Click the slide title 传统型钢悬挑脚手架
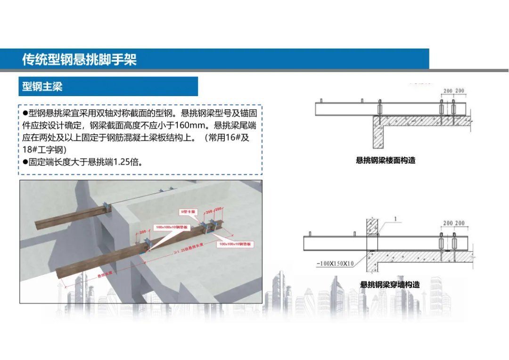79,60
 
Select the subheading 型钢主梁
42,87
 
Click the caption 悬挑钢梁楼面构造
386,160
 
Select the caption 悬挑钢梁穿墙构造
389,285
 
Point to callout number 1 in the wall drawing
396,219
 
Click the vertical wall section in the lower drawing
372,245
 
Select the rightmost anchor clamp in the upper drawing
453,110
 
